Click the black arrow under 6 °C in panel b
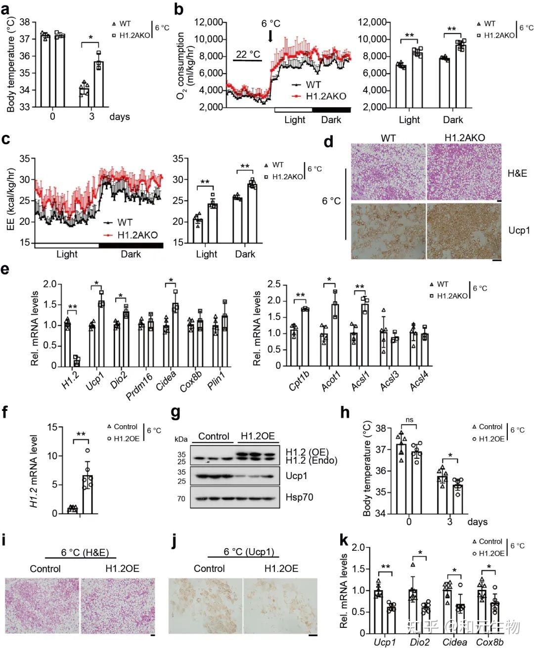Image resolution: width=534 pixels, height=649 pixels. coord(270,36)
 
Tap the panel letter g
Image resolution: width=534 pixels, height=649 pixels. coord(177,412)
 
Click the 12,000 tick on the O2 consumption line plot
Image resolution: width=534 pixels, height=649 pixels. coord(208,22)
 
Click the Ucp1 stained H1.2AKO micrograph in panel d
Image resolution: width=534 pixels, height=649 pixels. coord(464,231)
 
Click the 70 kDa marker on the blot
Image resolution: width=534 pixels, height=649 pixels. coord(181,499)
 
